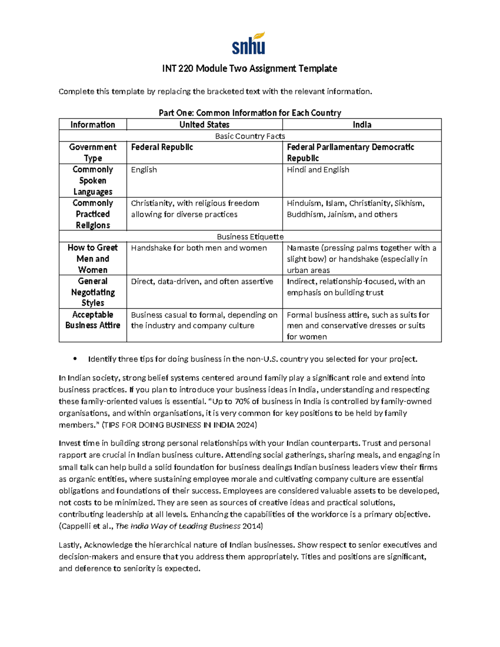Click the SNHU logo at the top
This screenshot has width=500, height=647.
(x=249, y=44)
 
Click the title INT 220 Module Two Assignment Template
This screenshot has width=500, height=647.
(x=250, y=68)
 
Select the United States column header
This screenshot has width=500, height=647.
(x=204, y=125)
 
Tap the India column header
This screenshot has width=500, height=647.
(x=362, y=125)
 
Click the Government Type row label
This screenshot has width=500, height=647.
(x=92, y=152)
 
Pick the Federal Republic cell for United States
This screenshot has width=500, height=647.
(x=162, y=147)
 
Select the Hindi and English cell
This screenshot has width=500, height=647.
(x=318, y=170)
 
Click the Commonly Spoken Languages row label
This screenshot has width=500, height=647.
(x=92, y=180)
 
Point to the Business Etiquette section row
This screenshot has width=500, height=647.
(x=250, y=237)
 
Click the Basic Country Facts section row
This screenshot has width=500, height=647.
(x=250, y=136)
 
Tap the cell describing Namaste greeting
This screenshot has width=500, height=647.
(x=361, y=259)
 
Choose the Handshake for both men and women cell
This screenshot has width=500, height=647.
(x=199, y=248)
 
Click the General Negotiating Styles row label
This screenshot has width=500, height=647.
(x=92, y=292)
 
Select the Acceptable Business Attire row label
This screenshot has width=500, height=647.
(x=92, y=320)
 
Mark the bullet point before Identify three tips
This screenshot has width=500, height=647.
(x=75, y=359)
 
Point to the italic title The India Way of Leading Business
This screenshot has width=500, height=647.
(x=178, y=526)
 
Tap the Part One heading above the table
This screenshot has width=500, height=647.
(x=250, y=113)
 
